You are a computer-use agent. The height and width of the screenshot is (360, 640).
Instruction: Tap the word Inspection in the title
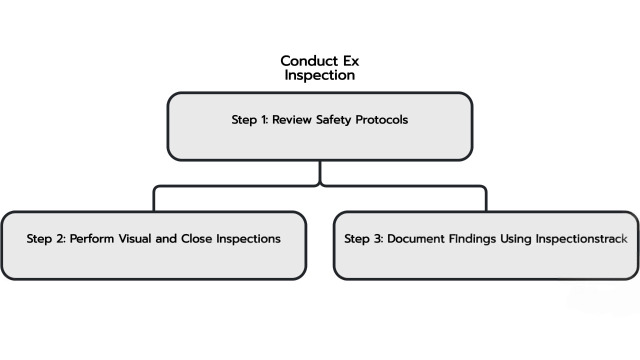(319, 75)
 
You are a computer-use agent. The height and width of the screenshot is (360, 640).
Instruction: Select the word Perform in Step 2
(92, 239)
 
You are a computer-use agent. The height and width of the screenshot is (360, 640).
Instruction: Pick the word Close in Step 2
(197, 239)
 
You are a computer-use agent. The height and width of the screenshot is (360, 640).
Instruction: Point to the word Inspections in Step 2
(248, 239)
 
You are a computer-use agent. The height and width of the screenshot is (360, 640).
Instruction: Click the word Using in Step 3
(515, 239)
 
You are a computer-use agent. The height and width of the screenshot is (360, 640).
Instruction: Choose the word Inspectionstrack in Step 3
(581, 239)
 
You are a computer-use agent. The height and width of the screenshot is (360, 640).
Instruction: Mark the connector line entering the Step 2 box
(154, 200)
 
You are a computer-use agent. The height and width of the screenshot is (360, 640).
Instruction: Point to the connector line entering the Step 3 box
(485, 200)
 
